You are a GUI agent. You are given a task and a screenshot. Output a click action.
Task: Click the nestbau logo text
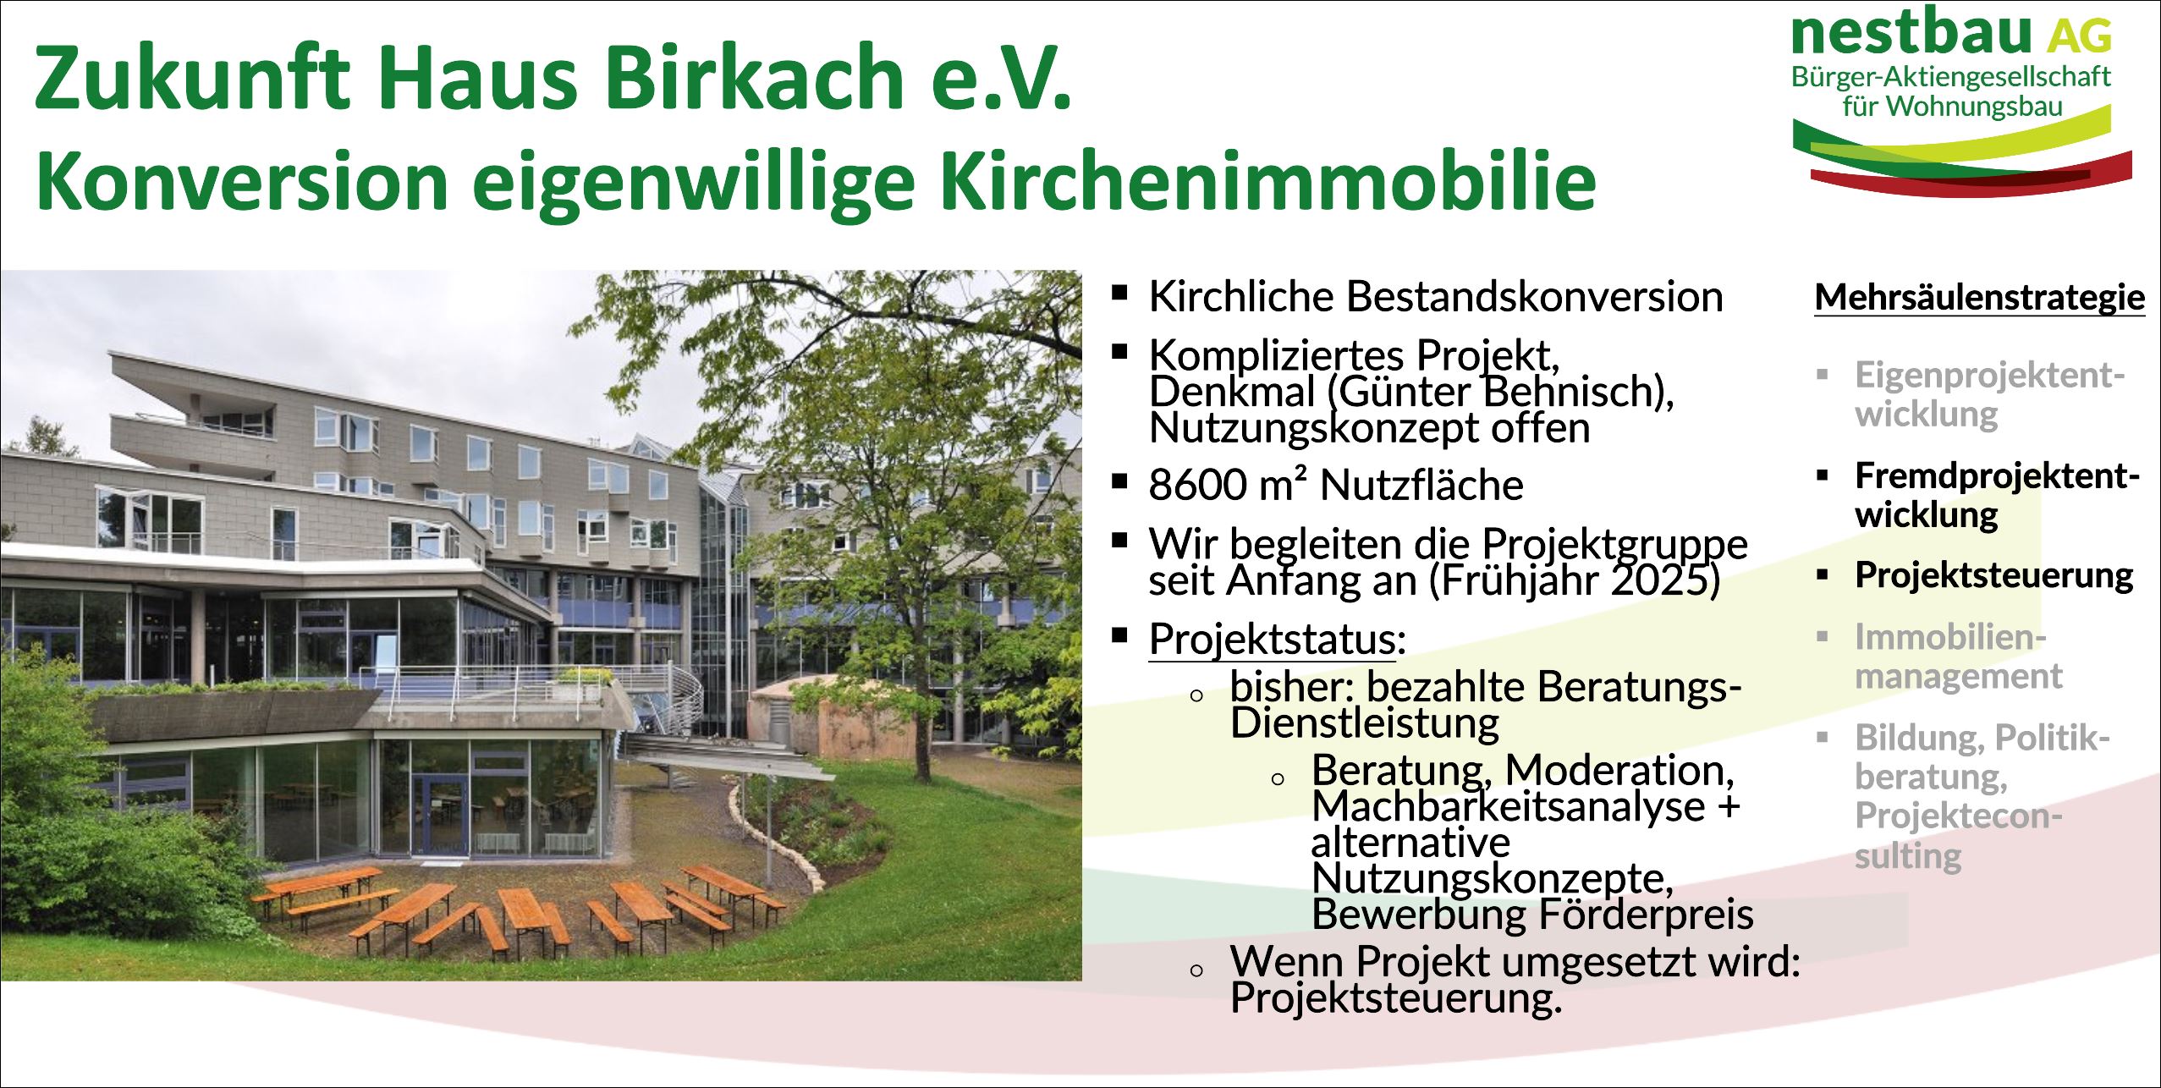(1911, 32)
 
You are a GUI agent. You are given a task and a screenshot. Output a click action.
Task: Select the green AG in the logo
(2079, 36)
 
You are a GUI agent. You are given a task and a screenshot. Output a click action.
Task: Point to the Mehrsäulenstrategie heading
(1979, 298)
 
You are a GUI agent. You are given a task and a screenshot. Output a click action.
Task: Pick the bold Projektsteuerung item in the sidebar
(1993, 575)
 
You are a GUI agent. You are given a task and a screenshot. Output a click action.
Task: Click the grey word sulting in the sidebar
(1907, 856)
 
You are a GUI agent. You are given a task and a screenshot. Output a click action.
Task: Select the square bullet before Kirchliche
(1120, 294)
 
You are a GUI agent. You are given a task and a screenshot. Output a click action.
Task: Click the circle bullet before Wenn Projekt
(1196, 970)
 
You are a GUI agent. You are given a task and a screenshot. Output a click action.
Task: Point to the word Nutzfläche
(1421, 486)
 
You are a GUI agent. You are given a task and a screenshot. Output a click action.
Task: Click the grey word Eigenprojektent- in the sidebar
(1989, 375)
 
